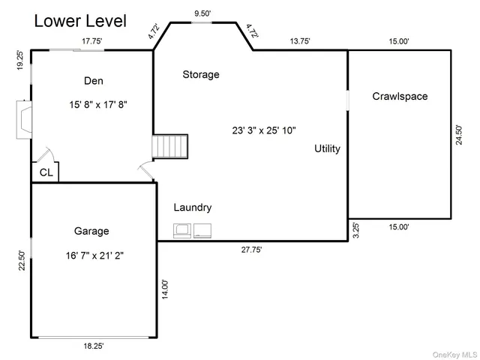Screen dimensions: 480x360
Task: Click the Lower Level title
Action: tap(80, 21)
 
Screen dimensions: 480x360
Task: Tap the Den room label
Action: tap(93, 81)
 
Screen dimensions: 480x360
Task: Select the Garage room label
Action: tap(91, 231)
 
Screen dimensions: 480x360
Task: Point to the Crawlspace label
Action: tap(400, 97)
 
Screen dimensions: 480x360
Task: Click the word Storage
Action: tap(201, 74)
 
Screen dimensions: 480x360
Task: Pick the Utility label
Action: tap(327, 148)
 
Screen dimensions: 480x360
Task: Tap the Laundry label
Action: tap(193, 208)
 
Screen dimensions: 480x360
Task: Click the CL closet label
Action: tap(46, 172)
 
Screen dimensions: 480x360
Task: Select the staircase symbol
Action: tap(170, 146)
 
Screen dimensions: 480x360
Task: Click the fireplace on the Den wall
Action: tap(24, 120)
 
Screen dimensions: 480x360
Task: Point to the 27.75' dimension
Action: tap(251, 250)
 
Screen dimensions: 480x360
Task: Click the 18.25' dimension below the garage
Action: tap(94, 346)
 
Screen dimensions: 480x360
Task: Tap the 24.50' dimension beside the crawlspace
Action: tap(459, 135)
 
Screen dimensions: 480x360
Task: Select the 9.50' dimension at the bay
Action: tap(202, 13)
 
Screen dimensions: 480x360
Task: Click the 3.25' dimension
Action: tap(355, 230)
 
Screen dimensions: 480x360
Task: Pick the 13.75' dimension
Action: tap(300, 41)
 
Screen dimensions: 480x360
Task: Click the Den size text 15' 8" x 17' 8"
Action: tap(98, 105)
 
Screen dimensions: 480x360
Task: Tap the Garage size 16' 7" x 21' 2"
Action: tap(94, 255)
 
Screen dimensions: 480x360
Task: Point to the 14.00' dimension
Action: tap(165, 289)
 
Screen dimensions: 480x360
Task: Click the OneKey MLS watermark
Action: tap(454, 355)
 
